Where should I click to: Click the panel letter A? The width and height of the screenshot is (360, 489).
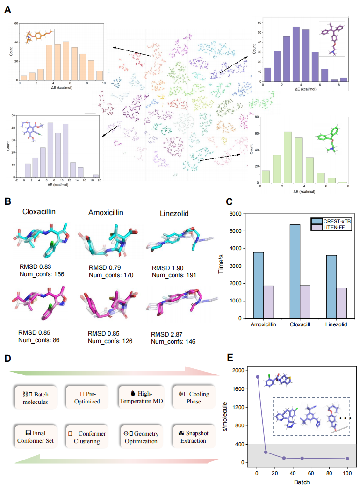coord(8,9)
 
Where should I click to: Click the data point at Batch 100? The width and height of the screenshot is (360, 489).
coord(347,459)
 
